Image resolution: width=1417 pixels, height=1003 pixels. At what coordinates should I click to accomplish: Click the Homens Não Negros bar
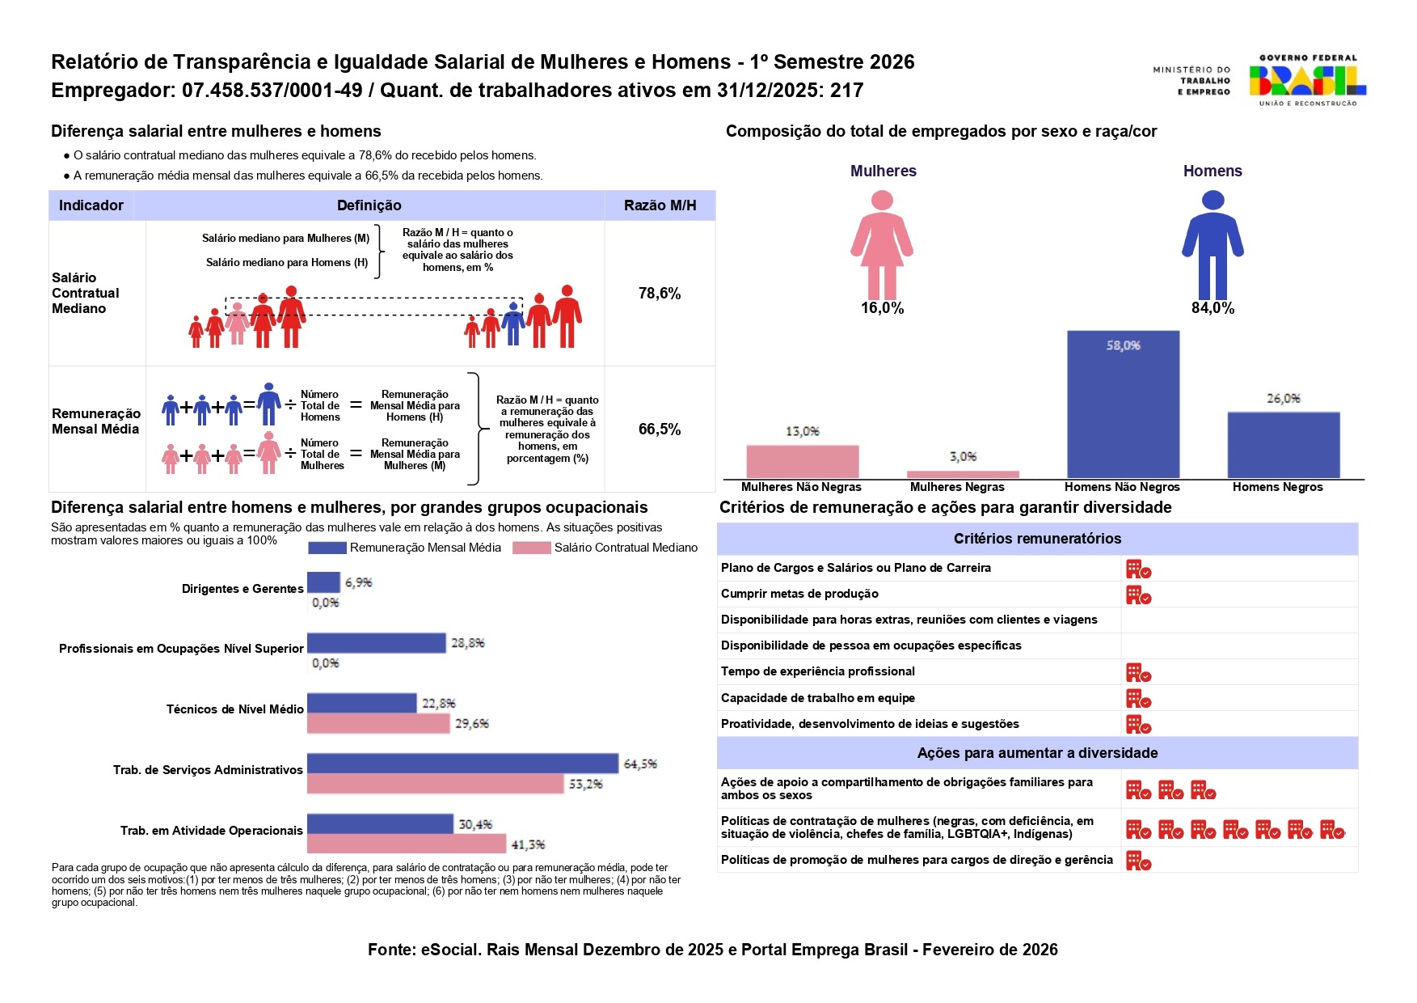point(1123,404)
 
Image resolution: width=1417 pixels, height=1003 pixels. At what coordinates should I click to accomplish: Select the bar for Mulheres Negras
point(963,475)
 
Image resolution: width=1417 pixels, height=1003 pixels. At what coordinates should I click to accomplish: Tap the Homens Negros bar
point(1283,445)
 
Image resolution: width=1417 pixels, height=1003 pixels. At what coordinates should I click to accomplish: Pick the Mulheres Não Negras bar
point(802,462)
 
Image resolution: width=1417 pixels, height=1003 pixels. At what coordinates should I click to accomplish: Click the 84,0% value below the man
point(1212,308)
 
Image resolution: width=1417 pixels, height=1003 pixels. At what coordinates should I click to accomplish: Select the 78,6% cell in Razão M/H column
point(660,294)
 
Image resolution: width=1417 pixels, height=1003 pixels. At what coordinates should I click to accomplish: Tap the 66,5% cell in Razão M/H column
point(660,430)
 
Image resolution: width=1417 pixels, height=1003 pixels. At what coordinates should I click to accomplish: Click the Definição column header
point(369,205)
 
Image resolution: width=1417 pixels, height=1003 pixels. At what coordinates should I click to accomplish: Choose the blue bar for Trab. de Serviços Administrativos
point(462,764)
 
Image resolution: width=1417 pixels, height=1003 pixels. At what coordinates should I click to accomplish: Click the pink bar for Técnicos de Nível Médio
point(377,723)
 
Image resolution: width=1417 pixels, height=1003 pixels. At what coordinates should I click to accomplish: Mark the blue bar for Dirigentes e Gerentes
point(323,582)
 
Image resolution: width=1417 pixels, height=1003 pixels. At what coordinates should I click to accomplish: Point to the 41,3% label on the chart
point(528,845)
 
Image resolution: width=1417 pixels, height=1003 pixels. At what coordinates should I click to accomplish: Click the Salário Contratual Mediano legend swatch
point(531,548)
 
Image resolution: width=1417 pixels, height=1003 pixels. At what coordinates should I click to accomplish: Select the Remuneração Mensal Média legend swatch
point(327,548)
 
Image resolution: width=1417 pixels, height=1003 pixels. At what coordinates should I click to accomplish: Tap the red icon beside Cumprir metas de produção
point(1138,595)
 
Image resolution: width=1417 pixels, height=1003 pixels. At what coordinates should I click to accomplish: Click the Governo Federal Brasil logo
point(1306,80)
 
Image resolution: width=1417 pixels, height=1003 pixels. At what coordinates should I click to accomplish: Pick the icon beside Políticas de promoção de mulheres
point(1138,861)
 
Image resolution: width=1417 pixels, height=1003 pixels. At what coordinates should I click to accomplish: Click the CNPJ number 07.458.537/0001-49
point(272,91)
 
